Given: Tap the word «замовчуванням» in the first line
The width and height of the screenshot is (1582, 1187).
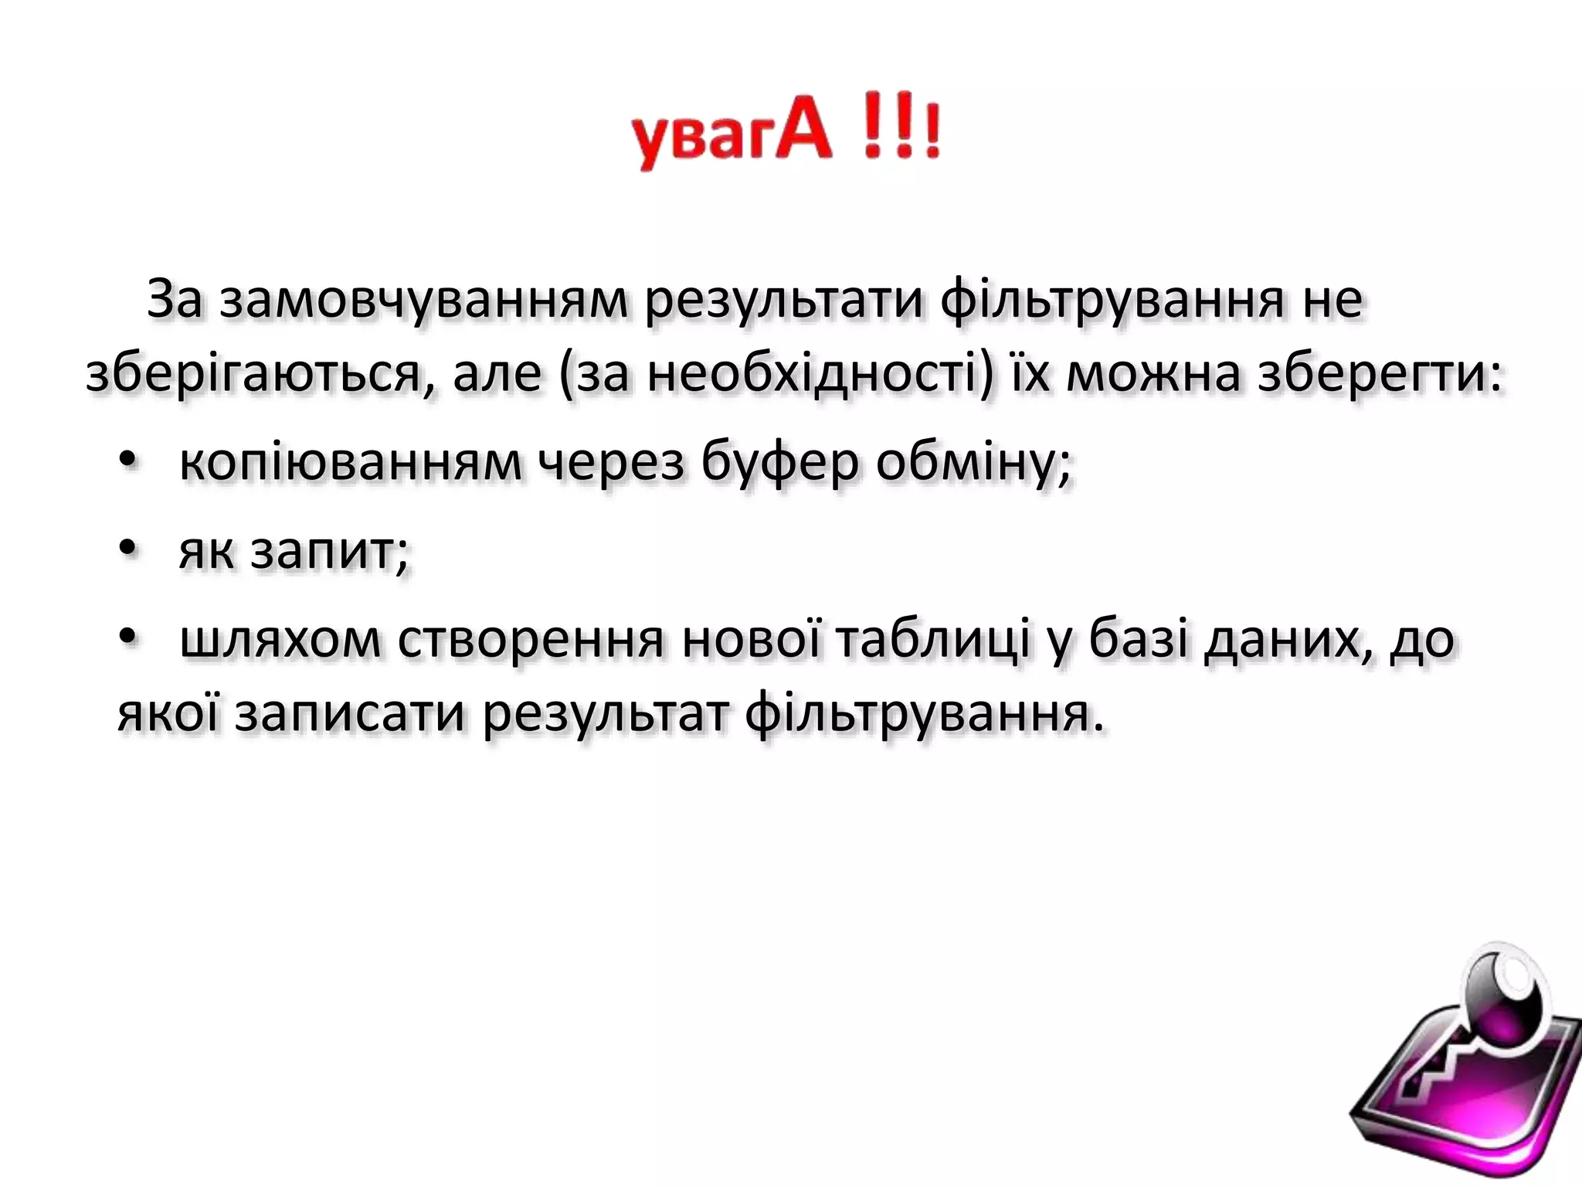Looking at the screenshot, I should point(423,300).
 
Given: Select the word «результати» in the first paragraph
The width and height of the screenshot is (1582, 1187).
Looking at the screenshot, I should point(784,300).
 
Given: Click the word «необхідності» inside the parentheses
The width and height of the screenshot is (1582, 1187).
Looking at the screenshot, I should point(811,374).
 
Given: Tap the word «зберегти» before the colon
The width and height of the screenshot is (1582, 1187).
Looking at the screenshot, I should point(1371,374).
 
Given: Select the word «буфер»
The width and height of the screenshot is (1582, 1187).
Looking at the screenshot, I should point(779,462).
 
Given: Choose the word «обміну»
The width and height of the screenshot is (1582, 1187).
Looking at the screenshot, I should point(966,462).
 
